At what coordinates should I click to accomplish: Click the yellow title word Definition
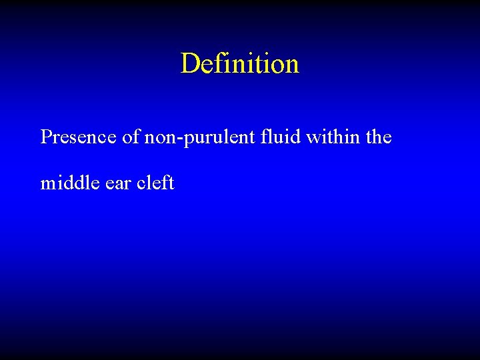click(240, 64)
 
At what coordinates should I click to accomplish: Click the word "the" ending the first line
click(378, 137)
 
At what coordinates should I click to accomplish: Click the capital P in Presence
click(46, 137)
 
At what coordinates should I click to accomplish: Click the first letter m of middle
click(47, 184)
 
